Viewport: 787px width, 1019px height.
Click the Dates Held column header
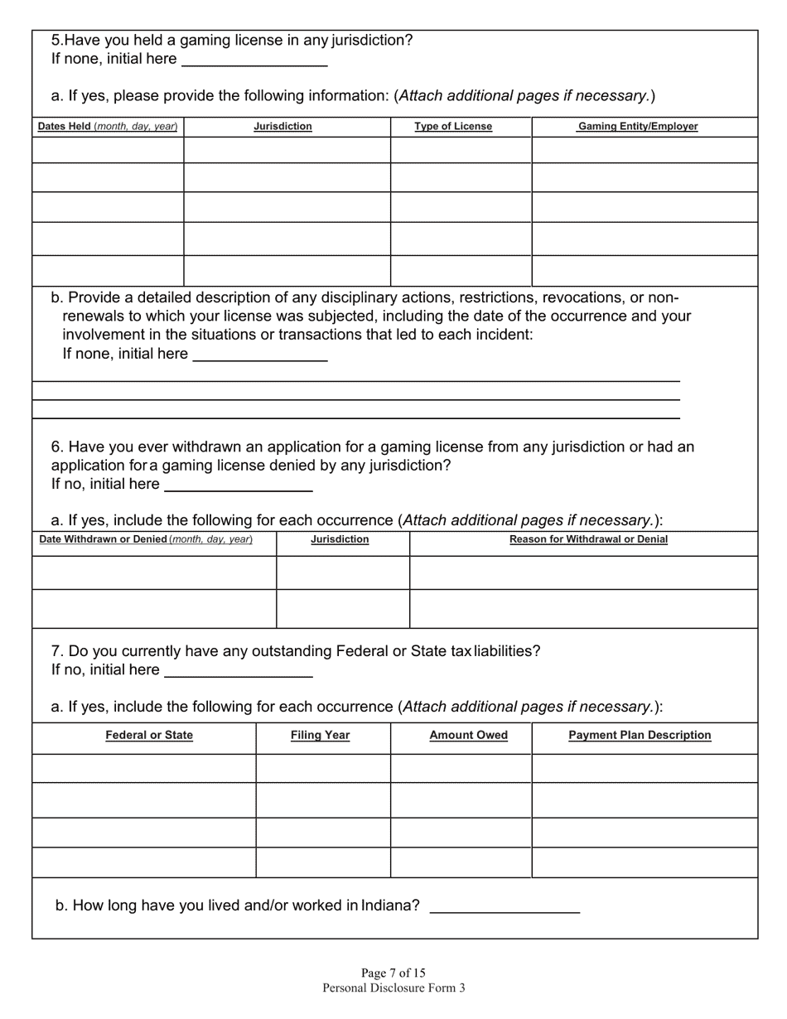108,127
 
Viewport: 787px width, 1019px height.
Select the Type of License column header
453,127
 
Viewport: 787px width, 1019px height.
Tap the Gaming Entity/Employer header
638,127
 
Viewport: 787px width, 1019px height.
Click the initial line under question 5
254,60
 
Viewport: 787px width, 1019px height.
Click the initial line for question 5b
260,355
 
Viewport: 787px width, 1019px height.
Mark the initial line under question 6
239,485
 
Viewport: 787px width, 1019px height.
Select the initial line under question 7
239,670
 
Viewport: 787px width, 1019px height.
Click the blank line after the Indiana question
505,906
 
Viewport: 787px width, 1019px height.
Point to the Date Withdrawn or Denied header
146,539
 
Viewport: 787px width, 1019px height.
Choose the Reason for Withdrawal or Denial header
588,539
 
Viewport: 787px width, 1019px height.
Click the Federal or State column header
149,735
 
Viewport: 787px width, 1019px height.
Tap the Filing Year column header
321,735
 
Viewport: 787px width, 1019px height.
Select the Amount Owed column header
469,735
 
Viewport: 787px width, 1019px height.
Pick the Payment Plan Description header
640,735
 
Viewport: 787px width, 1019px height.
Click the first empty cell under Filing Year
323,768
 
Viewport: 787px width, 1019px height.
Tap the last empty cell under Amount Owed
461,862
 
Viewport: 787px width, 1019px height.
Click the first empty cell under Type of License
461,150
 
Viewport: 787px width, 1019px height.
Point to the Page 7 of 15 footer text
393,973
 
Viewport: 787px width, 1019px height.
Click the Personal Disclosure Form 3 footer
393,988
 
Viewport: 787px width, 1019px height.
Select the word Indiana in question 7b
390,906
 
